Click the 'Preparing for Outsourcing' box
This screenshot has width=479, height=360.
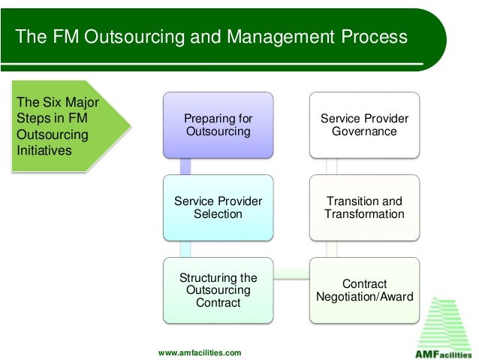point(218,125)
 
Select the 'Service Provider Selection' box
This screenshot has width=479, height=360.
point(218,207)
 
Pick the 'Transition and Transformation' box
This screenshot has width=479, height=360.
point(365,207)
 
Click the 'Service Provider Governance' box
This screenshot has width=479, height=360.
point(365,125)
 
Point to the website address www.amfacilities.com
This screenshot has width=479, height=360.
point(200,352)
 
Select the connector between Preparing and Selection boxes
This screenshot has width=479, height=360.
point(185,166)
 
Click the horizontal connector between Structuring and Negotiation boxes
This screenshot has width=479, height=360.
point(292,275)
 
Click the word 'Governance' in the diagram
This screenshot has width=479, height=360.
point(365,132)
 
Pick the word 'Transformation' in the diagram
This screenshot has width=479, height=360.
point(365,214)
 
